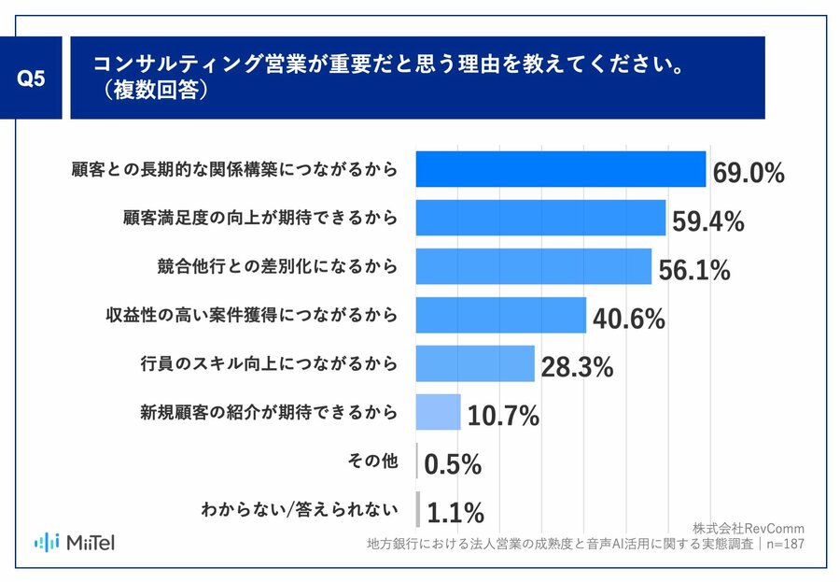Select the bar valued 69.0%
tap(560, 169)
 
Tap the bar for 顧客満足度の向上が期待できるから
tap(540, 218)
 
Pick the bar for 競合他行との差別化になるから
tap(533, 266)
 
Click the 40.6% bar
tap(500, 315)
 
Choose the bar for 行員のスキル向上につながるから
tap(475, 363)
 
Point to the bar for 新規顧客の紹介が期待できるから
tap(439, 412)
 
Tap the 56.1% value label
tap(693, 270)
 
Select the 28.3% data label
tap(577, 367)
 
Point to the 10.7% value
tap(503, 416)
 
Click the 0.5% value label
tap(453, 464)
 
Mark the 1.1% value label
tap(455, 513)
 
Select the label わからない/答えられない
tap(300, 509)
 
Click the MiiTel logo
tap(75, 541)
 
